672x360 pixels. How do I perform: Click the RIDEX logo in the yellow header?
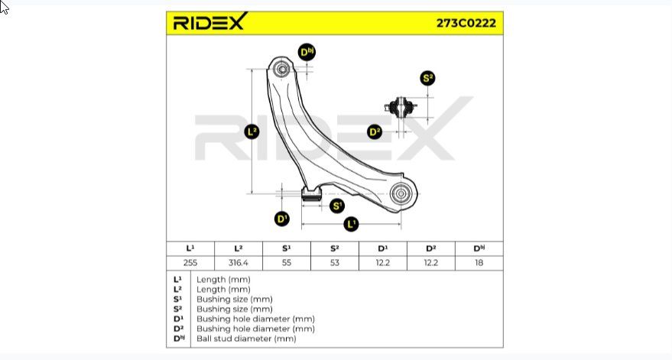coord(210,21)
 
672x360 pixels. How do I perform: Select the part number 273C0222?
coord(466,23)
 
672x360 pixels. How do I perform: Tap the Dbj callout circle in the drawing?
coord(307,52)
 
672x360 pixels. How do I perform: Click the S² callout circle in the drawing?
coord(427,78)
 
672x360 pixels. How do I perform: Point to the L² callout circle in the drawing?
coord(252,131)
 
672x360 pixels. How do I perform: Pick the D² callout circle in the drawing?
coord(375,131)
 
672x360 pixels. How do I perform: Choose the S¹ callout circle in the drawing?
coord(337,206)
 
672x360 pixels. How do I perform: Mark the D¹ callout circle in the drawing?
coord(281,219)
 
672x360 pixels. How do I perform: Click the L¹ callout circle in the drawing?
coord(351,224)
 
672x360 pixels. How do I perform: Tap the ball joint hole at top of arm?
coord(282,69)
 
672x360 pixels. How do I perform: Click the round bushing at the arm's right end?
coord(401,193)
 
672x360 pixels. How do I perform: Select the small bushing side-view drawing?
coord(401,108)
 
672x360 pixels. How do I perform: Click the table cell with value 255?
coord(190,263)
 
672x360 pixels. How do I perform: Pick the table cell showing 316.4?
coord(239,263)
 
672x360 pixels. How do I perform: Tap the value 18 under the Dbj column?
coord(479,263)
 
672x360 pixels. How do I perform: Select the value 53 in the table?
coord(335,263)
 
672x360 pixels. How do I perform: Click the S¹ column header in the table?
coord(286,248)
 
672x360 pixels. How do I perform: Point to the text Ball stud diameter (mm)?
coord(246,339)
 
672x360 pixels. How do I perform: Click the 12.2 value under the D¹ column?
coord(383,263)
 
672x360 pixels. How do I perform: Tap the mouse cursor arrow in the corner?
coord(3,8)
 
